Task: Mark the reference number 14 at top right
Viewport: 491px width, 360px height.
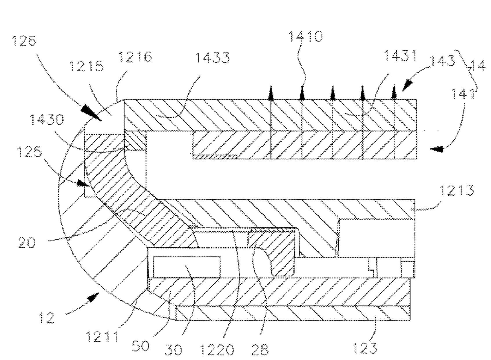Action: tap(478, 66)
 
